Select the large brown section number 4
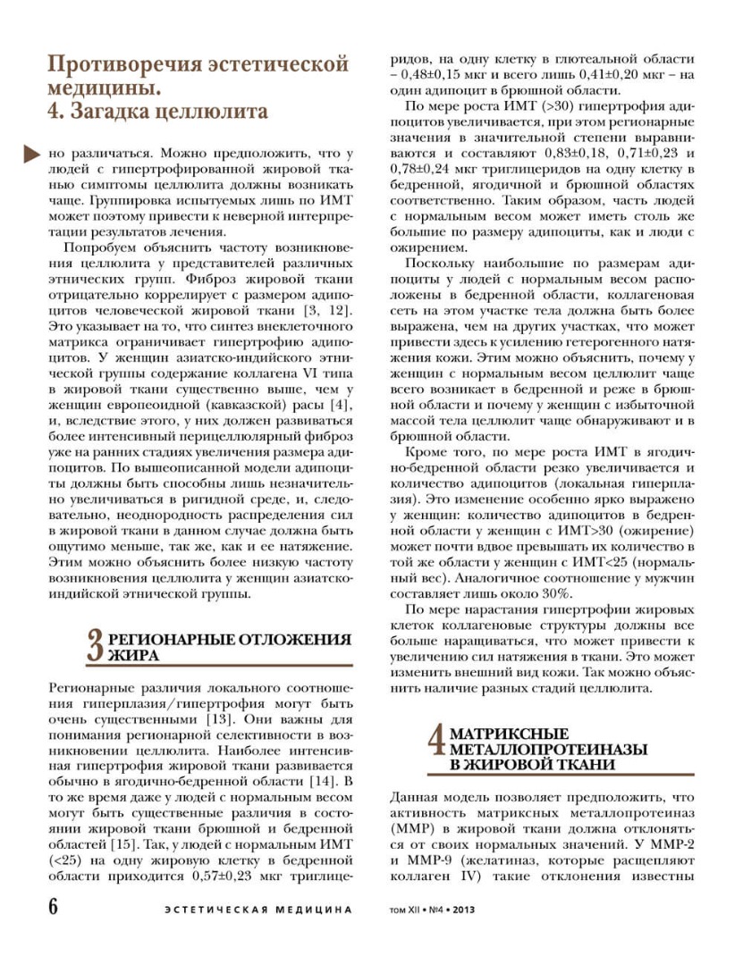(x=436, y=743)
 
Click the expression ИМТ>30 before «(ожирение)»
(x=599, y=532)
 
